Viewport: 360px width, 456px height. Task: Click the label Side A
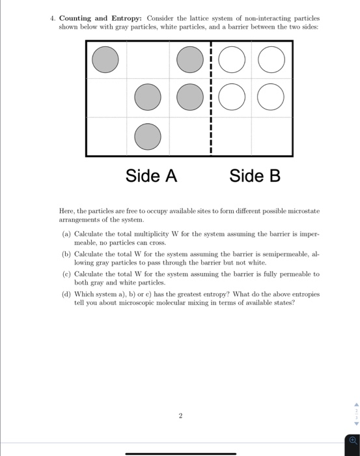tap(151, 176)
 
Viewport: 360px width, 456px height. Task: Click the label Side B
tap(255, 176)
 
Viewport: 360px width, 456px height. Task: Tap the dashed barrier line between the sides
tap(212, 98)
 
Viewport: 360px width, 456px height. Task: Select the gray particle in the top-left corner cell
tap(105, 60)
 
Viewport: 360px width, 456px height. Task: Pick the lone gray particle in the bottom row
tap(148, 136)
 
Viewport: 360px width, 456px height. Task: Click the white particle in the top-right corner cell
tap(271, 60)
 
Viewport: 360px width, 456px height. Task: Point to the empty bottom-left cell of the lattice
tap(105, 136)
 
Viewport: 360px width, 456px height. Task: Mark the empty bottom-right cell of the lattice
tap(271, 136)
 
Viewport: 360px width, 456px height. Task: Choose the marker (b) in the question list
tap(66, 256)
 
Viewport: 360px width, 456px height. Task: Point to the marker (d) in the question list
tap(66, 294)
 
